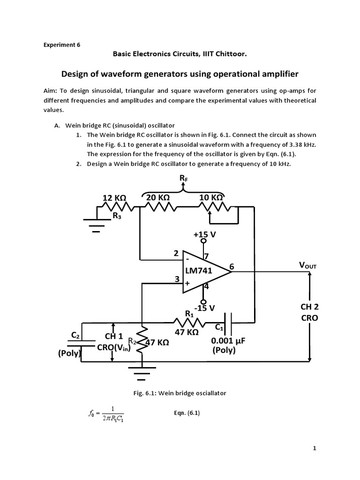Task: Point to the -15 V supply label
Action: [x=204, y=307]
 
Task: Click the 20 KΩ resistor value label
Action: [x=157, y=198]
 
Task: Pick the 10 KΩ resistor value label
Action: [x=211, y=198]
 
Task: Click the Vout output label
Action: [x=308, y=265]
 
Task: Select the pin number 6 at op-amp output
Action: [x=231, y=266]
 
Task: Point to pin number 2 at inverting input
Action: [x=176, y=253]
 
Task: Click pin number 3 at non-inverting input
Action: [x=178, y=278]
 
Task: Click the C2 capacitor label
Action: [x=75, y=334]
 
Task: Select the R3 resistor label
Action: [x=117, y=216]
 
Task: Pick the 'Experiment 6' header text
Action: [x=62, y=45]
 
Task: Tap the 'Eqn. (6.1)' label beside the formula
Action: [x=187, y=413]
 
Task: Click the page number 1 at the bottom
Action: [x=315, y=449]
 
